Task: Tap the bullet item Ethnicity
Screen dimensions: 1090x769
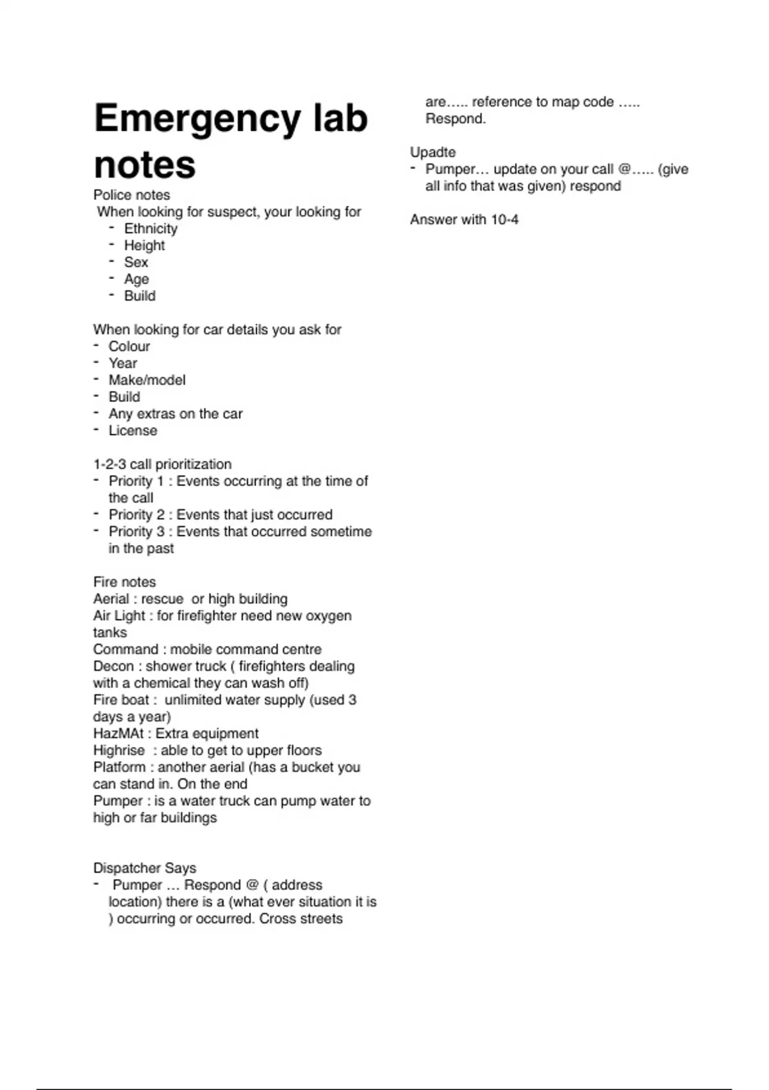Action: click(x=151, y=229)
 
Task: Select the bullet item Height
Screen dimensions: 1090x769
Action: click(x=144, y=246)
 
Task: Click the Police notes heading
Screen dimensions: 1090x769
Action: click(x=131, y=195)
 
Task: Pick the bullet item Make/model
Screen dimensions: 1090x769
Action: click(x=147, y=380)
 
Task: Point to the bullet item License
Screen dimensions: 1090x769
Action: click(x=133, y=431)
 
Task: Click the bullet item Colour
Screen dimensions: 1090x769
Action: click(x=129, y=346)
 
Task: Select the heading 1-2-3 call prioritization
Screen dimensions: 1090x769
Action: click(x=162, y=464)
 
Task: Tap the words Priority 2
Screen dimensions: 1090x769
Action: click(x=136, y=515)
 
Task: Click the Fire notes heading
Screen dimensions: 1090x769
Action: click(x=124, y=582)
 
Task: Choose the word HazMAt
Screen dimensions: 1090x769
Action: click(x=119, y=734)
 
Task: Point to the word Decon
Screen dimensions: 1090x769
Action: click(x=113, y=666)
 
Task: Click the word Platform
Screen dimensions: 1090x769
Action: click(x=119, y=767)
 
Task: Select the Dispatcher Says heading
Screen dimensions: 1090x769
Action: click(x=144, y=868)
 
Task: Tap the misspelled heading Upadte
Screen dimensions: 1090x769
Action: click(x=433, y=153)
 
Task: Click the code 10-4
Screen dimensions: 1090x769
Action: click(x=504, y=220)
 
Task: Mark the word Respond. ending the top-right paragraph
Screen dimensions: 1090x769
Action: click(x=455, y=119)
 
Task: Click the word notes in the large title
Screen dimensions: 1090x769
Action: click(x=144, y=165)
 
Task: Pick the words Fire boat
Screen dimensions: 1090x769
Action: click(x=121, y=700)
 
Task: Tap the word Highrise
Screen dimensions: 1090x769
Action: click(x=119, y=751)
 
